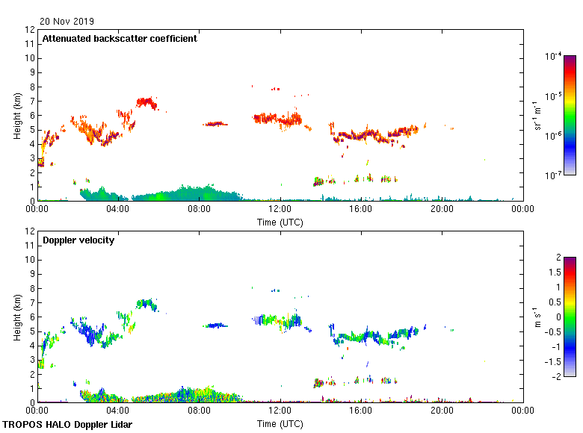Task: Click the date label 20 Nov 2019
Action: tap(67, 22)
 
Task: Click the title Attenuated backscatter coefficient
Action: tap(120, 39)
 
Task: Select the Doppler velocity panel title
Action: tap(73, 240)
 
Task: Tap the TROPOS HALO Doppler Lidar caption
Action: tap(67, 425)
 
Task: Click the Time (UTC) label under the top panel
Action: tap(280, 222)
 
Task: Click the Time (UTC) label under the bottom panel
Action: tap(280, 423)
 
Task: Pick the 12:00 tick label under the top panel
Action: tap(280, 210)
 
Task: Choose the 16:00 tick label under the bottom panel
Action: tap(361, 411)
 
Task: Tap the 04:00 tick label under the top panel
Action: tap(118, 210)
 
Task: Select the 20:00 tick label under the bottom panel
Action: tap(442, 411)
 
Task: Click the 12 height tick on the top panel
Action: tap(31, 30)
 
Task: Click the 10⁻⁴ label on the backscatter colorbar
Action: tap(554, 56)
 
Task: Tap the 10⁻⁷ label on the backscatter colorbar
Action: tap(554, 175)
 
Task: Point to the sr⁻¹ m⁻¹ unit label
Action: tap(539, 116)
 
